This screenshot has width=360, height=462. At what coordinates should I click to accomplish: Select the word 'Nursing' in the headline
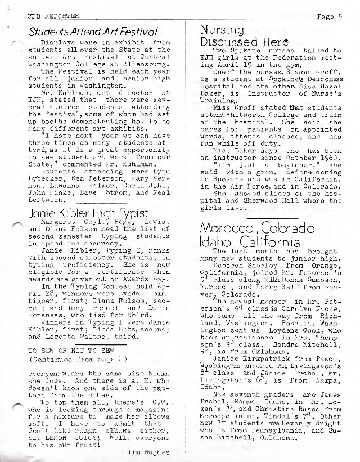click(x=224, y=30)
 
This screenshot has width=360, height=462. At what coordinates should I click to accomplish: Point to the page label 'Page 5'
click(x=329, y=16)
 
